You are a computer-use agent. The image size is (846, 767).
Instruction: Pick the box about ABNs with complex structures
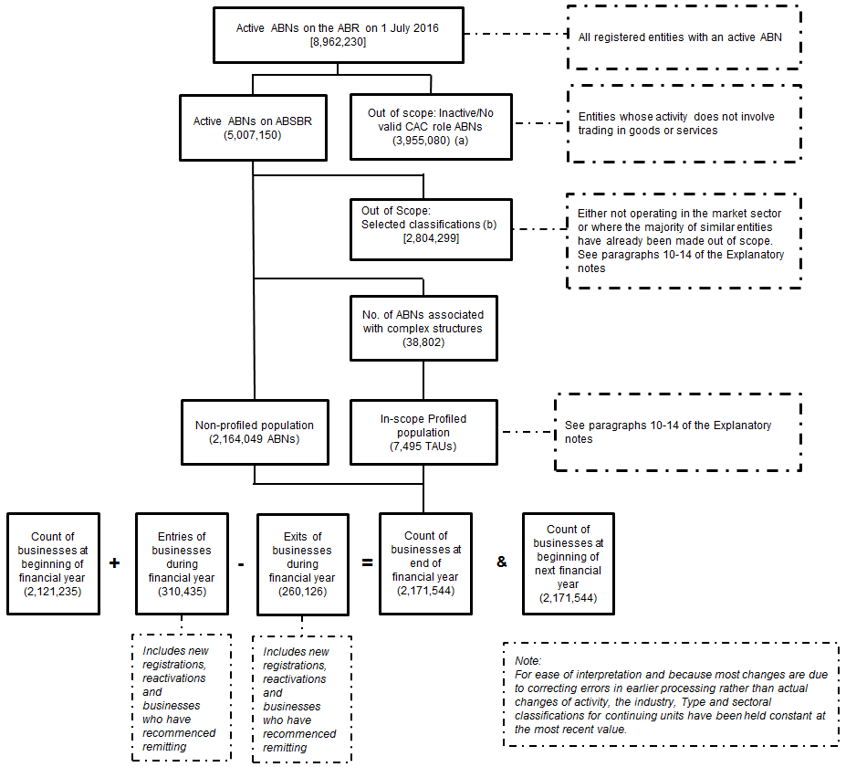423,328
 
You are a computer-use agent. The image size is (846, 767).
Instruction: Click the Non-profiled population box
254,432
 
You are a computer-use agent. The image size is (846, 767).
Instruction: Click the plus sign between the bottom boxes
115,563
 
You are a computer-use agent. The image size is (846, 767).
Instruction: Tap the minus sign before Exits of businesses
240,564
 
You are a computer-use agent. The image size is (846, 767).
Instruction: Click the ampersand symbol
501,562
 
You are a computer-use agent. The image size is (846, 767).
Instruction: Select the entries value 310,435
181,592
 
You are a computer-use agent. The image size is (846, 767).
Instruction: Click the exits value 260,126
301,592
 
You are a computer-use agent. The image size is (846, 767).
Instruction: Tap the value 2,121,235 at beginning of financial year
52,592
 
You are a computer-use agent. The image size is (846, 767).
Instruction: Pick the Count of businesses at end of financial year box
425,562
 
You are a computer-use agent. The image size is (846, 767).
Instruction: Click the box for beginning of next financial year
567,562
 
